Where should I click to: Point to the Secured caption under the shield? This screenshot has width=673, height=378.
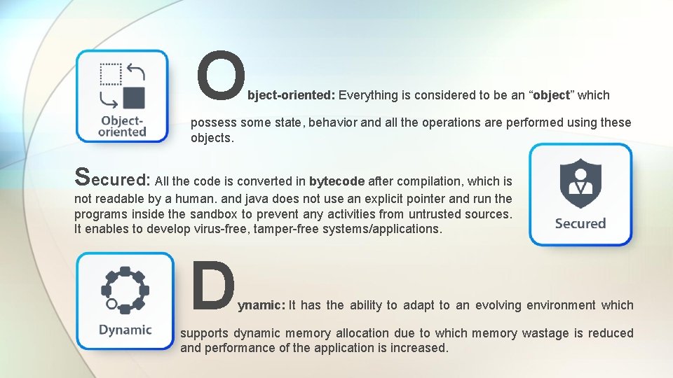point(580,224)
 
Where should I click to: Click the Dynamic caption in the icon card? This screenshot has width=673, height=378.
point(125,330)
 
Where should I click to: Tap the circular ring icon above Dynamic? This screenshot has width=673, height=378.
point(125,289)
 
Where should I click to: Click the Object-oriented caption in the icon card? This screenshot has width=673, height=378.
point(122,125)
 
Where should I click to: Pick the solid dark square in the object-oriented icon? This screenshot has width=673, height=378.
point(133,97)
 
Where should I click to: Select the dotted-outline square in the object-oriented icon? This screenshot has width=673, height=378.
point(110,73)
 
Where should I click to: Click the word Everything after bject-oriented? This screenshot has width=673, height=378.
point(368,95)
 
